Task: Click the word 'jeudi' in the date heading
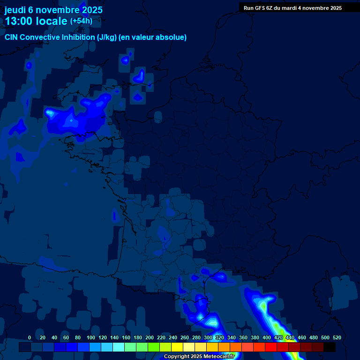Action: point(15,10)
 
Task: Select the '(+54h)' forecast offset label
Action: point(81,21)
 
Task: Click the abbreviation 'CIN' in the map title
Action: point(12,37)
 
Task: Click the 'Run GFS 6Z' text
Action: point(258,8)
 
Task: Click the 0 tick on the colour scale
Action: point(30,337)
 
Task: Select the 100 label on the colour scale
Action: point(90,337)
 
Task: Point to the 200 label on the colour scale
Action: point(150,337)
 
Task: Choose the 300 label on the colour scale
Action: point(208,337)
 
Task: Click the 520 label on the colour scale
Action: point(337,337)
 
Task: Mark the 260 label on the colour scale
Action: point(185,337)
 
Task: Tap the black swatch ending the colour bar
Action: point(330,347)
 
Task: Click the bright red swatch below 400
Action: point(270,347)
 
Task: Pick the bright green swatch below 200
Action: point(153,347)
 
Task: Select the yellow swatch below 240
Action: point(177,347)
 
